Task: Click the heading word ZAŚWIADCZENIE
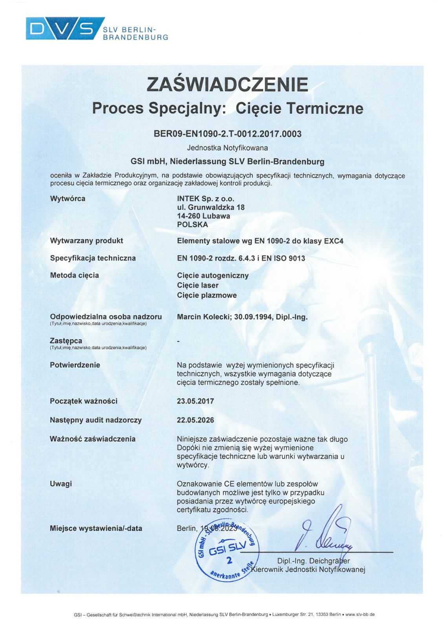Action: click(x=227, y=84)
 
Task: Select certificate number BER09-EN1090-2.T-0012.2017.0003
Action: click(x=227, y=134)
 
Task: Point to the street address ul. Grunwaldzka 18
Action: click(x=210, y=207)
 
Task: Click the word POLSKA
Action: click(x=192, y=225)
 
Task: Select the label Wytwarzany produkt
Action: click(x=86, y=241)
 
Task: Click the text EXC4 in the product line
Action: click(x=333, y=241)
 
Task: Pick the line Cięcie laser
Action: click(x=197, y=285)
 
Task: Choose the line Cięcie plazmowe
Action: click(x=206, y=295)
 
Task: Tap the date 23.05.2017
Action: click(x=195, y=401)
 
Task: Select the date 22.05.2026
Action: click(x=195, y=420)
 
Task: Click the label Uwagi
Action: click(x=61, y=484)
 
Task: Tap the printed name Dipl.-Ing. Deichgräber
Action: click(x=313, y=560)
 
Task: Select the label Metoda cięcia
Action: click(x=74, y=275)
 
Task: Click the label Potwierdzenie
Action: click(x=75, y=365)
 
